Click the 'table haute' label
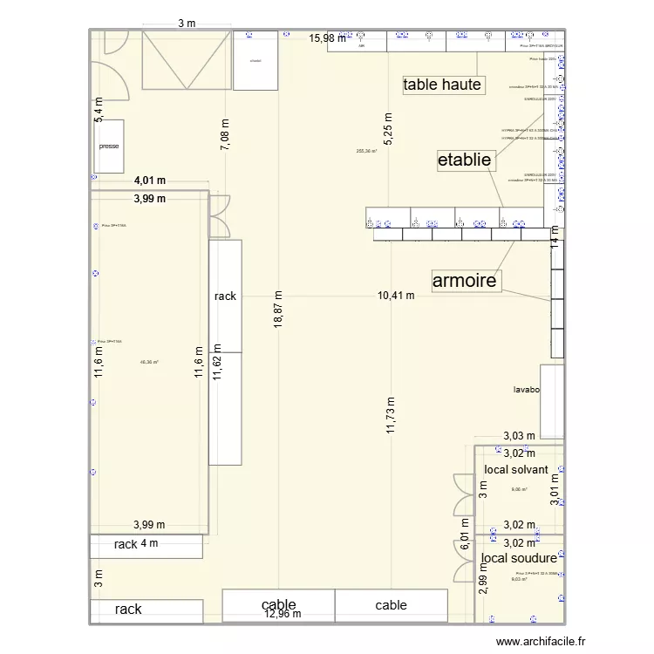click(x=442, y=85)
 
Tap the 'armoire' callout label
click(x=466, y=280)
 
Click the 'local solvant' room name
click(x=516, y=470)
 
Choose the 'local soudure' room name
click(x=519, y=558)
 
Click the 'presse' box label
click(x=109, y=146)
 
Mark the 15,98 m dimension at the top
click(x=328, y=38)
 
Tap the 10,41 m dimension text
click(x=396, y=296)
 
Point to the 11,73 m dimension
click(x=392, y=409)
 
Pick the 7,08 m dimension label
click(x=225, y=135)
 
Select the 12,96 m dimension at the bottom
click(x=282, y=614)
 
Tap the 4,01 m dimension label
click(x=150, y=181)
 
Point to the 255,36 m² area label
click(x=366, y=151)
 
